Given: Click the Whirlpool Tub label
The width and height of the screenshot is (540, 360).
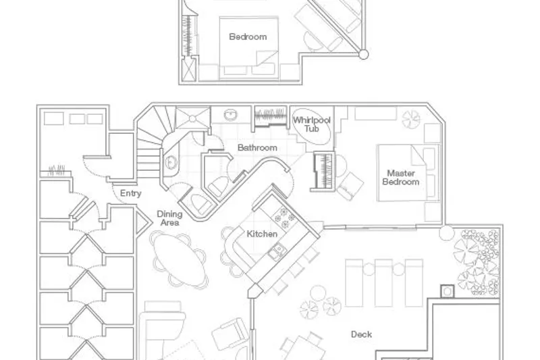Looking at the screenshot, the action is [x=312, y=124].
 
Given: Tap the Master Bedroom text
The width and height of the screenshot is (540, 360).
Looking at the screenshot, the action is [x=401, y=178].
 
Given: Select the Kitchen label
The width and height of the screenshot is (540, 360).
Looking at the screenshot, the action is [x=262, y=234].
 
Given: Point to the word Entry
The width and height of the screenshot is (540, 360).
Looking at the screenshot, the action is [x=130, y=194].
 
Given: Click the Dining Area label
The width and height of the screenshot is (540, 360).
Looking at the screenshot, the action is [x=169, y=218].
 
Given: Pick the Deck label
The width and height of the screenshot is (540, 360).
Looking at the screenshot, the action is [x=361, y=334].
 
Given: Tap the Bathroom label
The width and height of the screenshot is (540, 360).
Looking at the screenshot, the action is [x=257, y=148].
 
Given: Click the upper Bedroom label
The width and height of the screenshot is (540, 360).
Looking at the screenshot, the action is [x=248, y=36].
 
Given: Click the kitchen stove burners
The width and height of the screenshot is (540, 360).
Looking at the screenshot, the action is [x=284, y=217].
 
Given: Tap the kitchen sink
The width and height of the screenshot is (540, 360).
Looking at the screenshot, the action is [x=277, y=251].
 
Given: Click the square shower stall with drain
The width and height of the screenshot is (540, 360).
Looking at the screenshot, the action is [x=192, y=118].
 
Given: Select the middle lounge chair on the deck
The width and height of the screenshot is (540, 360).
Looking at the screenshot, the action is [x=383, y=283].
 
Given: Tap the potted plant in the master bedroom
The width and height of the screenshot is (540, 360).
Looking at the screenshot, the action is [x=411, y=119].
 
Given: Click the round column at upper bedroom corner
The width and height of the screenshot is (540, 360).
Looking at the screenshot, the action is [x=363, y=54].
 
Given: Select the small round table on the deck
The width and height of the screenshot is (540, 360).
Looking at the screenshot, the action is [x=318, y=294].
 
